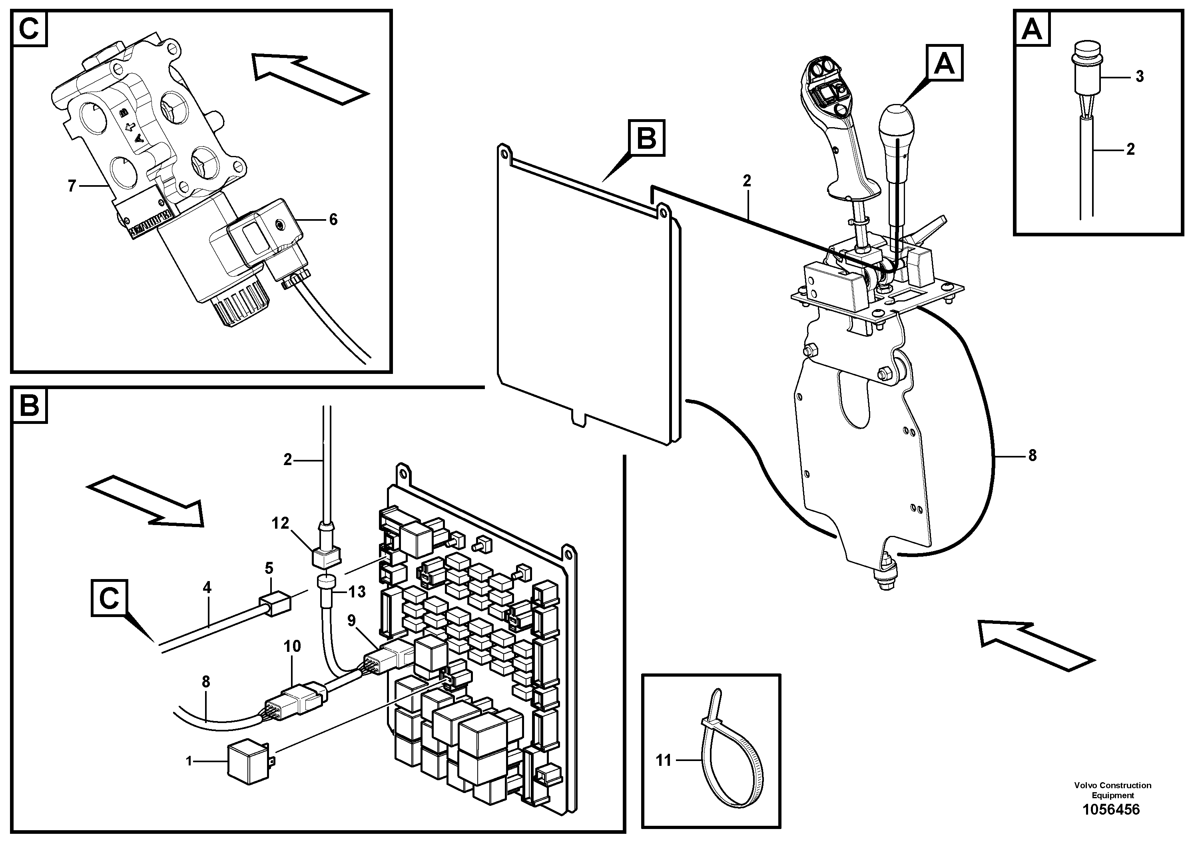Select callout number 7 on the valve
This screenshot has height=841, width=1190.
point(72,186)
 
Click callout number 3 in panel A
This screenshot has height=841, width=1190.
point(1139,77)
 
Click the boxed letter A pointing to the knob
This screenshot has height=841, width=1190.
point(944,64)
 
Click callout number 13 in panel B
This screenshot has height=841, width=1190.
point(356,591)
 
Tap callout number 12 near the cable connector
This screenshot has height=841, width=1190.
point(280,524)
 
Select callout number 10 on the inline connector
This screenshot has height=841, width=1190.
point(292,647)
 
